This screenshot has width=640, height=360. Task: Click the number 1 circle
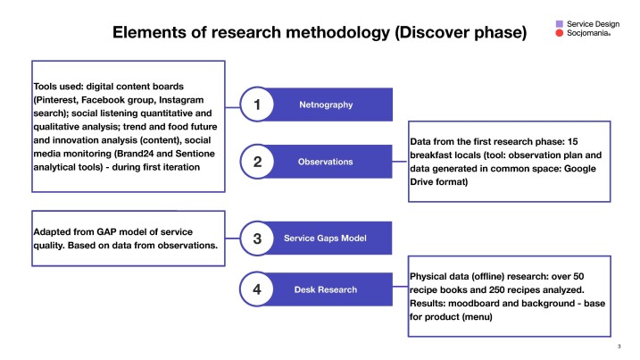coord(257,105)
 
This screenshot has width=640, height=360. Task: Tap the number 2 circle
coord(257,162)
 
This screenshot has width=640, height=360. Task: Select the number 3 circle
coord(257,239)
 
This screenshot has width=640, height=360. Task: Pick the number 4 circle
coord(257,289)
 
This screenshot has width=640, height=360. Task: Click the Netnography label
coord(326,105)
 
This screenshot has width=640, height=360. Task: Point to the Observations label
coord(325,162)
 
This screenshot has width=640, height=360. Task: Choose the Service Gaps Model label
coord(325,239)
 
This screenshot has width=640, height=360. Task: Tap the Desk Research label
coord(326,289)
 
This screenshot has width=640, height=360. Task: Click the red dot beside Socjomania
coord(559,33)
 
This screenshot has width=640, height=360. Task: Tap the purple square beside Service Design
coord(559,24)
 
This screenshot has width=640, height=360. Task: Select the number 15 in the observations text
coord(573,142)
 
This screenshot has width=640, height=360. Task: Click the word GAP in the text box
coord(106,232)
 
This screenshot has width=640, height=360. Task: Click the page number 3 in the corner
coord(619,347)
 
